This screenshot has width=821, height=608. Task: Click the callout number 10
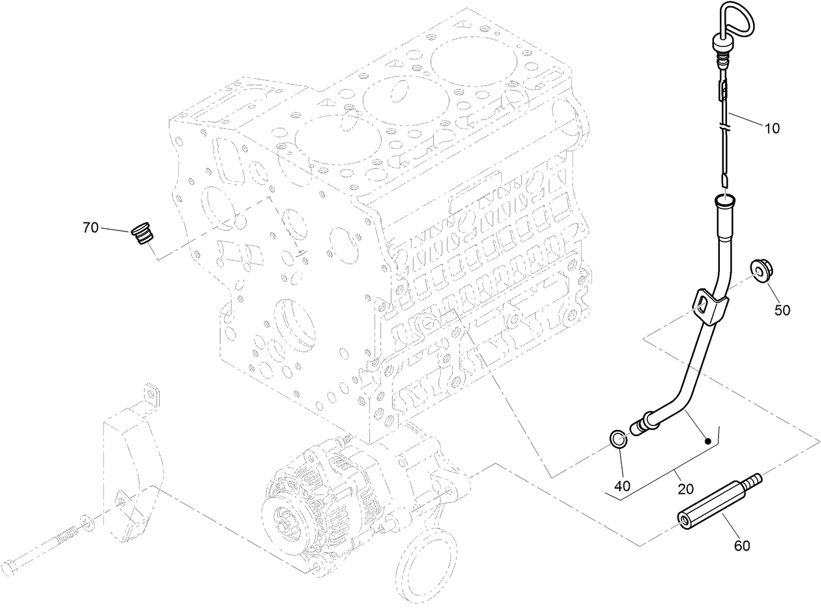pos(771,129)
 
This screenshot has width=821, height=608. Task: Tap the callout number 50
pos(782,310)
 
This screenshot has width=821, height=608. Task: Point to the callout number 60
pos(742,545)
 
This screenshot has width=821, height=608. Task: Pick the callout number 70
pos(90,228)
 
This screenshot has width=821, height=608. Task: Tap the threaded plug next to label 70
pos(142,236)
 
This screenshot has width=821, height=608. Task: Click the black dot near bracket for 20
pos(709,442)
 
